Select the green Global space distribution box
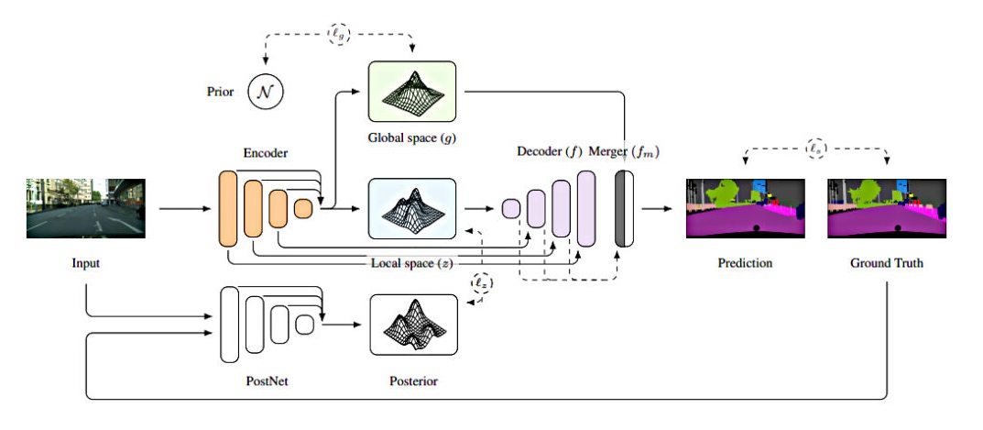point(411,91)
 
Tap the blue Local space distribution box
point(411,208)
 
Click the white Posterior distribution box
point(412,325)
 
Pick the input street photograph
point(85,208)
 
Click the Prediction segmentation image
point(745,208)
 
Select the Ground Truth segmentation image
point(885,208)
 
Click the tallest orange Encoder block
point(228,208)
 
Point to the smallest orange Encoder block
point(302,209)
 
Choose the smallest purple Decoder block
point(510,209)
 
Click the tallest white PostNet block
point(230,325)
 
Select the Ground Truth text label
point(885,264)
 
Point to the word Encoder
point(267,156)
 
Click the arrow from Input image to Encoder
point(183,209)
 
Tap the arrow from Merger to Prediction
point(656,209)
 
